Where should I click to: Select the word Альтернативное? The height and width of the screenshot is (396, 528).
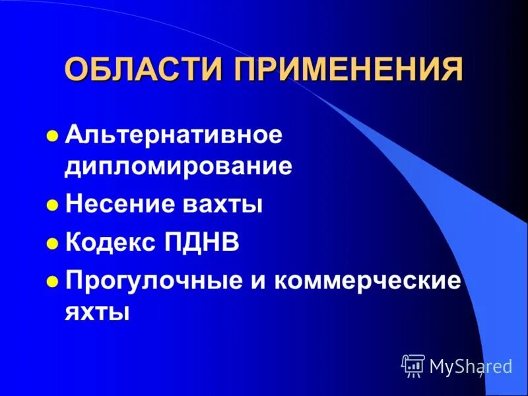pos(174,136)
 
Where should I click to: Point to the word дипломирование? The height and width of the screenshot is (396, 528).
pos(178,166)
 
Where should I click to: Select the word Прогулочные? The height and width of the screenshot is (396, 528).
pos(143,280)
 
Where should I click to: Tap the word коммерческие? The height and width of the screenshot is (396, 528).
pos(367,280)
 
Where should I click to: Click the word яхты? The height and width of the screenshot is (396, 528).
pos(96,310)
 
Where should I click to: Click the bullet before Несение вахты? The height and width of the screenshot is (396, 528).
pos(53,205)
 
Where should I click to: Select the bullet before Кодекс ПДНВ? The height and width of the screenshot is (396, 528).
pos(53,244)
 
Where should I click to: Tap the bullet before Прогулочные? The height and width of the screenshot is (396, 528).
pos(53,282)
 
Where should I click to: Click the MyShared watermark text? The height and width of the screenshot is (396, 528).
pos(471,366)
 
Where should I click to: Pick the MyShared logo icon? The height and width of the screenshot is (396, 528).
pos(412,365)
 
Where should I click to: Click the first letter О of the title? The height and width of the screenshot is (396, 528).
pos(77,69)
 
